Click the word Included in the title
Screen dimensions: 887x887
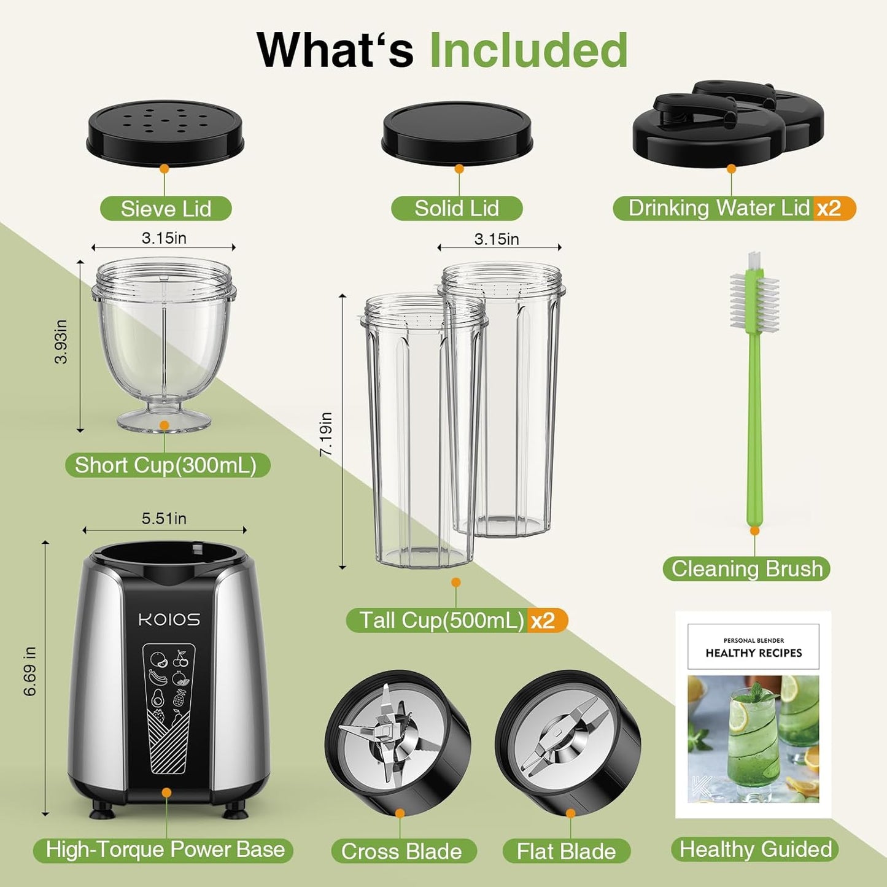[x=528, y=50]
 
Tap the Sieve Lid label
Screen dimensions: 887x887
[x=166, y=209]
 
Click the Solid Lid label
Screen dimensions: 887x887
[x=457, y=209]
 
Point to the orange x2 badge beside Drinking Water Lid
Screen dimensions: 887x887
[x=830, y=209]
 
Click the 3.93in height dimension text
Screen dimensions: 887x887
[x=61, y=342]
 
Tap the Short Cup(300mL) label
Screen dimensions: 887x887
[x=166, y=465]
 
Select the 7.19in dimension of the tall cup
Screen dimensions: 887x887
[x=327, y=433]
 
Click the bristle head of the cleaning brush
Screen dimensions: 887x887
[x=754, y=301]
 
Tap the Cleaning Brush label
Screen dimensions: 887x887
[x=746, y=568]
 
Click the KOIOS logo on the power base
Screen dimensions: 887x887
[x=169, y=619]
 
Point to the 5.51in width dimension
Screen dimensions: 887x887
[x=164, y=519]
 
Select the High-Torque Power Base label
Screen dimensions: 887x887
[x=165, y=850]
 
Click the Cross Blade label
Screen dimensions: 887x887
[x=401, y=851]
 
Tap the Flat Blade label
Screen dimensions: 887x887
[x=566, y=851]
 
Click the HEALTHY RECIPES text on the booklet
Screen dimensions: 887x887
[x=754, y=653]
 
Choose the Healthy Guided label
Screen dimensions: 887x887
[x=755, y=850]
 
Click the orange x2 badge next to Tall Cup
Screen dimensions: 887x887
[x=543, y=621]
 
